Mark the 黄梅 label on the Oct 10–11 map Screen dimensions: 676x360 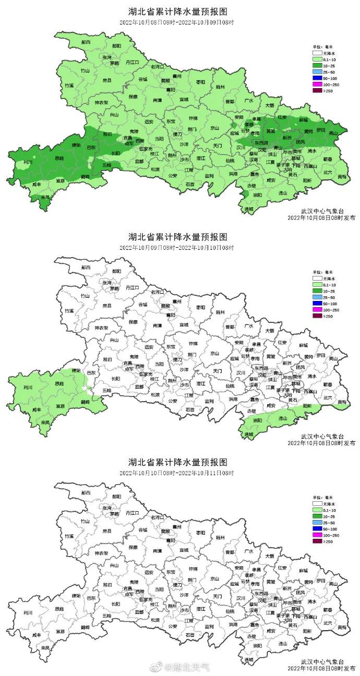341,627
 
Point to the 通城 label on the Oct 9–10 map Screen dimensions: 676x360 249,434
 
